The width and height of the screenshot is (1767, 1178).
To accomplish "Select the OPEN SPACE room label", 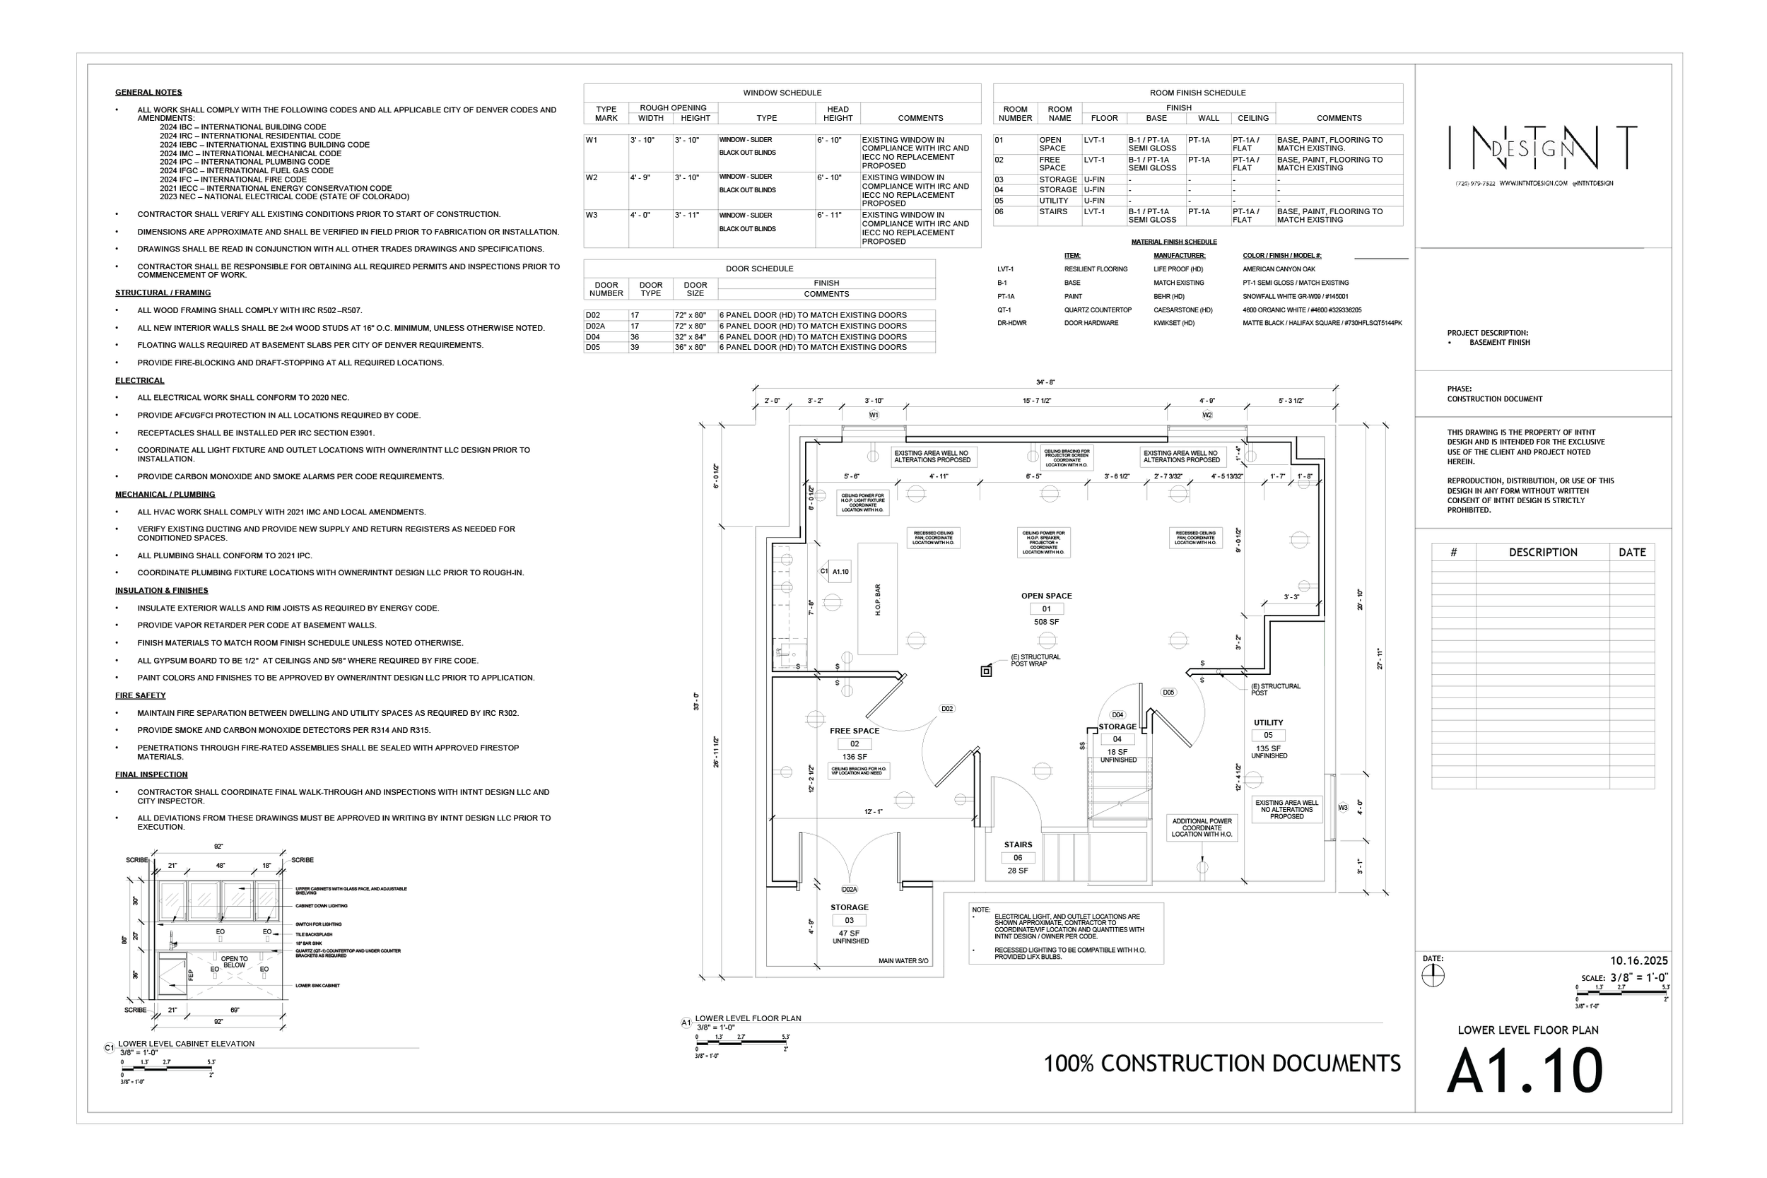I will coord(1046,596).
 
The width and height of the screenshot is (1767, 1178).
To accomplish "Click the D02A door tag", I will coord(849,889).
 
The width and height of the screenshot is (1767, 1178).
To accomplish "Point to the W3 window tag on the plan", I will coord(1342,808).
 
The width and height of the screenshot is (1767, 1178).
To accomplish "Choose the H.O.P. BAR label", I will coord(877,599).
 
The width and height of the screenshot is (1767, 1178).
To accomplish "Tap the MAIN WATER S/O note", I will coord(903,961).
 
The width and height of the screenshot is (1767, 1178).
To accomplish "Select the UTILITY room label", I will coord(1268,723).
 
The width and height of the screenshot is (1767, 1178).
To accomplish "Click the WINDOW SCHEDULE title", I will coord(782,93).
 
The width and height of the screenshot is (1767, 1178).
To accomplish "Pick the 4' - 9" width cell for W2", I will coord(640,178).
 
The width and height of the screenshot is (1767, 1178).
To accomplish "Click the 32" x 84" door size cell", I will coord(690,337).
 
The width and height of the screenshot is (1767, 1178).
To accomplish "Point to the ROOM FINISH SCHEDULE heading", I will coord(1197,93).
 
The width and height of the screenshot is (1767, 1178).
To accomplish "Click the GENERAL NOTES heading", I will coord(148,93).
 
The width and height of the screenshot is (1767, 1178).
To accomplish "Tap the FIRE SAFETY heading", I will coord(140,695).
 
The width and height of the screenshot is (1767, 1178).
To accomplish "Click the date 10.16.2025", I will coord(1638,961).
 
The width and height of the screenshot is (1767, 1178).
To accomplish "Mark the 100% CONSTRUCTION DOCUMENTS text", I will coord(1221,1064).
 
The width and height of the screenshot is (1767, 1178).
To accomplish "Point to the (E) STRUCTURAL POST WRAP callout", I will coord(1035,660).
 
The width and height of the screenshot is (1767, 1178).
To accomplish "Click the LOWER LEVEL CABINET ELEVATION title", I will coord(186,1044).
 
